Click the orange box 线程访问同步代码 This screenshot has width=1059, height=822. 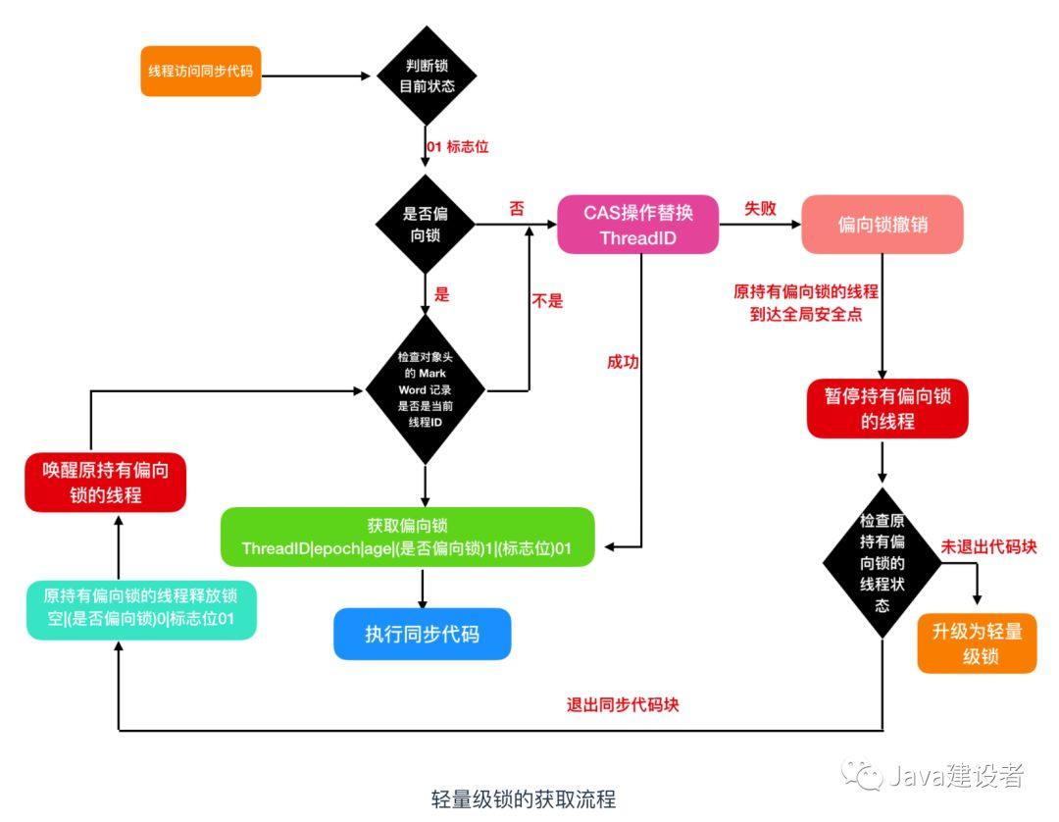201,73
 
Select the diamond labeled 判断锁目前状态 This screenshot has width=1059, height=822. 427,76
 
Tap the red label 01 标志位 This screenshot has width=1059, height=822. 457,147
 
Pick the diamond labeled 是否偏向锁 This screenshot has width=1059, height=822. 426,227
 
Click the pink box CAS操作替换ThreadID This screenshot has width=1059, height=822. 638,226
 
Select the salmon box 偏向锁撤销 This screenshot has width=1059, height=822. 882,226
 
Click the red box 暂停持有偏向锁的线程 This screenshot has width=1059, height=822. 886,408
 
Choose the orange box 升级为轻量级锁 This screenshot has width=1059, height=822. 977,644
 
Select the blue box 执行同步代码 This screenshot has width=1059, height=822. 422,633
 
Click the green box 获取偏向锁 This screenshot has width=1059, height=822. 407,537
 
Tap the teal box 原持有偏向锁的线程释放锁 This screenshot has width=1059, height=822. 141,608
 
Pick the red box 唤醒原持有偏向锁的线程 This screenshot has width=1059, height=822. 106,483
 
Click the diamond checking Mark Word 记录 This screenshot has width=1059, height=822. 426,390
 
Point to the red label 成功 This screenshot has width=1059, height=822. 623,362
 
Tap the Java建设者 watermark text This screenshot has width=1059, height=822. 956,777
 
